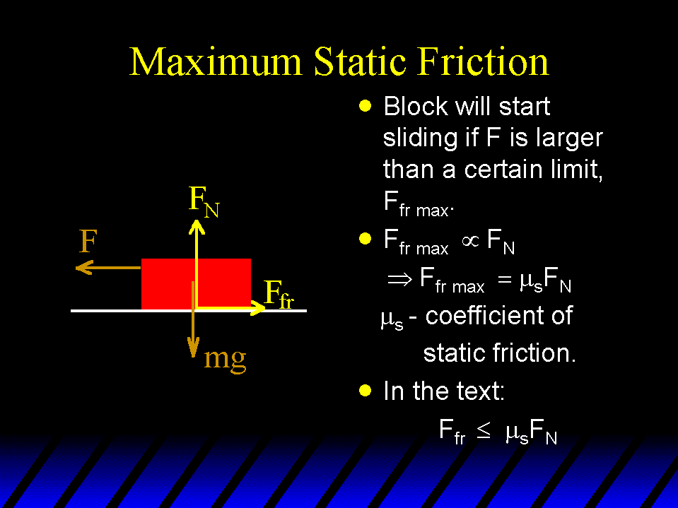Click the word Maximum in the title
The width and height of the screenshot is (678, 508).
coord(216,61)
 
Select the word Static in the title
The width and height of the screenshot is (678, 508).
coord(360,61)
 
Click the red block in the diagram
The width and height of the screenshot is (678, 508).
coord(196,283)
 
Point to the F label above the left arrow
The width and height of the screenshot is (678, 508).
coord(88,241)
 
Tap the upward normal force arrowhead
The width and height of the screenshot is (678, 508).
coord(197,227)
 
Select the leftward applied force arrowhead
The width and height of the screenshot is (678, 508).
coord(84,267)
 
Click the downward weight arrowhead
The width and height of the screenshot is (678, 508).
coord(193,348)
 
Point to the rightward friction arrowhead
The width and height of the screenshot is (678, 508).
coord(258,308)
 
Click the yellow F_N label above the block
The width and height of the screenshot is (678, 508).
coord(204,201)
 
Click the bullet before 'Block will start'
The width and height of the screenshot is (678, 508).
coord(366,106)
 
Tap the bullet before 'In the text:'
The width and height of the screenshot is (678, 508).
coord(366,391)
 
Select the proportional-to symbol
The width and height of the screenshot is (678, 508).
coord(470,241)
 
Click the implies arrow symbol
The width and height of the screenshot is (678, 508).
coord(400,280)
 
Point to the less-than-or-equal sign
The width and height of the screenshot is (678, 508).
coord(484,431)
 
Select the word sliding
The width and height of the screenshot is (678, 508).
coord(420,138)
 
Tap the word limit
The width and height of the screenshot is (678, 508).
coord(576,169)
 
